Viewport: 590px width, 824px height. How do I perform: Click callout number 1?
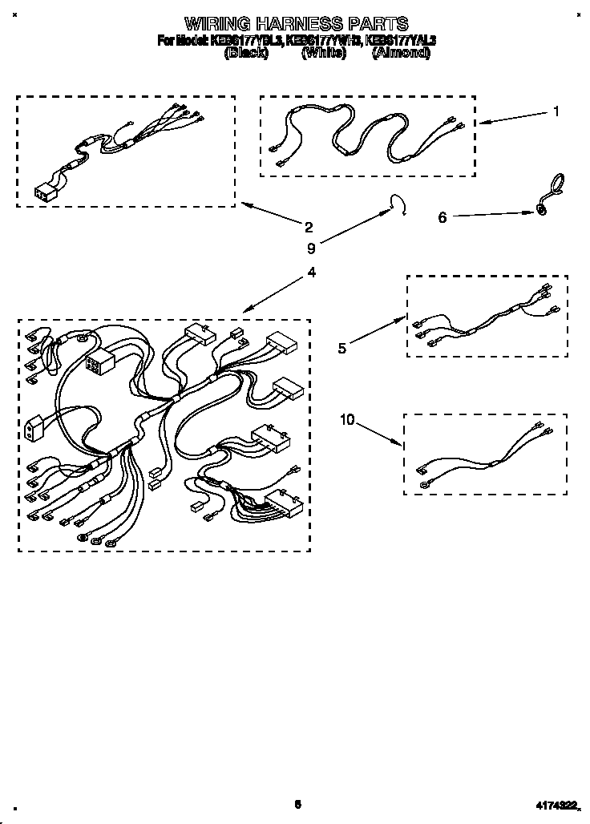[556, 111]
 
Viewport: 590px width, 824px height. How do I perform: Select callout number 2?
[309, 227]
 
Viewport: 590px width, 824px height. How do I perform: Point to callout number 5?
[342, 348]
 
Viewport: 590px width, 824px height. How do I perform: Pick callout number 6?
[442, 217]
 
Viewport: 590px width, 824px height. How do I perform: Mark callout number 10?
[346, 420]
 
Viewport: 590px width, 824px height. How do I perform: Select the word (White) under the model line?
[324, 53]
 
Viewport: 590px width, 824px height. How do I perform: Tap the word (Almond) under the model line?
[401, 53]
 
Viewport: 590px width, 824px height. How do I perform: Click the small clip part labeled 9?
[398, 204]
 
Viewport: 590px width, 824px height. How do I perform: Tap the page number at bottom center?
[297, 804]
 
